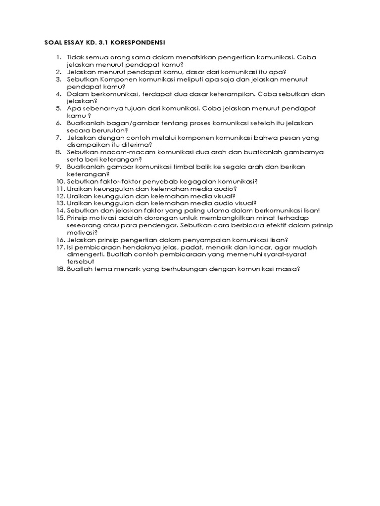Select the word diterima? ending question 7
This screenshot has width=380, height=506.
click(138, 144)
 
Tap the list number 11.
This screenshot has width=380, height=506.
click(60, 188)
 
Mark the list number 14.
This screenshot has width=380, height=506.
click(60, 210)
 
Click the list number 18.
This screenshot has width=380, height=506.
click(60, 269)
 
